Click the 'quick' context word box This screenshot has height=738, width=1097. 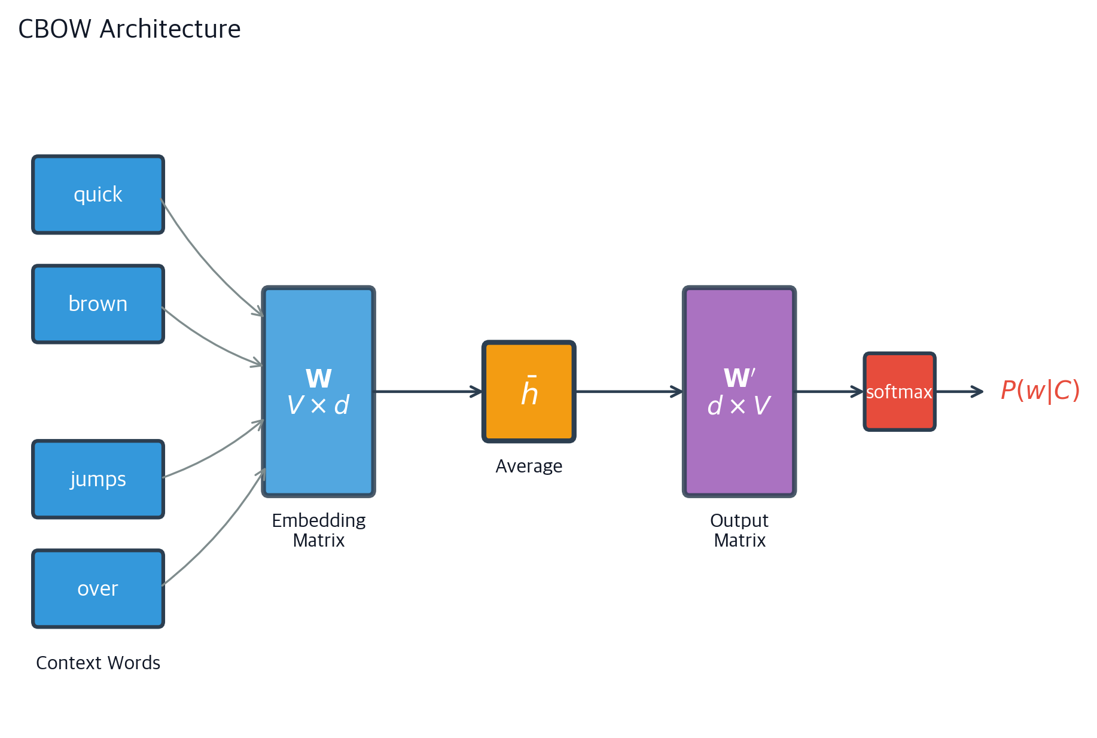(x=98, y=195)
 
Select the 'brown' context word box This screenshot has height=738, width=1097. (x=98, y=304)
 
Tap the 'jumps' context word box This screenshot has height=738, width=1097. (x=98, y=480)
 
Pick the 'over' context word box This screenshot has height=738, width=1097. (x=98, y=589)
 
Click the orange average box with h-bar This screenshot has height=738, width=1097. (x=529, y=392)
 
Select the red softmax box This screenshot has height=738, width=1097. (x=900, y=392)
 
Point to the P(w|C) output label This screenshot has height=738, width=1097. (x=1040, y=391)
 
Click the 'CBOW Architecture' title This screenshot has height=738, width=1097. (x=129, y=29)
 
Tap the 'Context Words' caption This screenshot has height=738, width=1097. (x=98, y=663)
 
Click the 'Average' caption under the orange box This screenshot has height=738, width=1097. (x=529, y=466)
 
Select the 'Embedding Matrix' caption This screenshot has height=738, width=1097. (x=319, y=530)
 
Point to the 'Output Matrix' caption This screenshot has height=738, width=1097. (x=739, y=530)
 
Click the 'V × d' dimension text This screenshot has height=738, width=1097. (x=319, y=405)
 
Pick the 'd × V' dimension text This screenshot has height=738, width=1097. (x=739, y=405)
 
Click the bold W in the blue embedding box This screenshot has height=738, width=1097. (x=319, y=379)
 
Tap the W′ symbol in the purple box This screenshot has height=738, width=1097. (x=739, y=378)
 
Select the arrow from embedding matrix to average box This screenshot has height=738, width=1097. (x=428, y=392)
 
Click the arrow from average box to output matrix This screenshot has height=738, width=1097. (x=629, y=392)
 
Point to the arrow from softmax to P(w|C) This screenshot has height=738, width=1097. (x=959, y=392)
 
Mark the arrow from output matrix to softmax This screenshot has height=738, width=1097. (x=830, y=392)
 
